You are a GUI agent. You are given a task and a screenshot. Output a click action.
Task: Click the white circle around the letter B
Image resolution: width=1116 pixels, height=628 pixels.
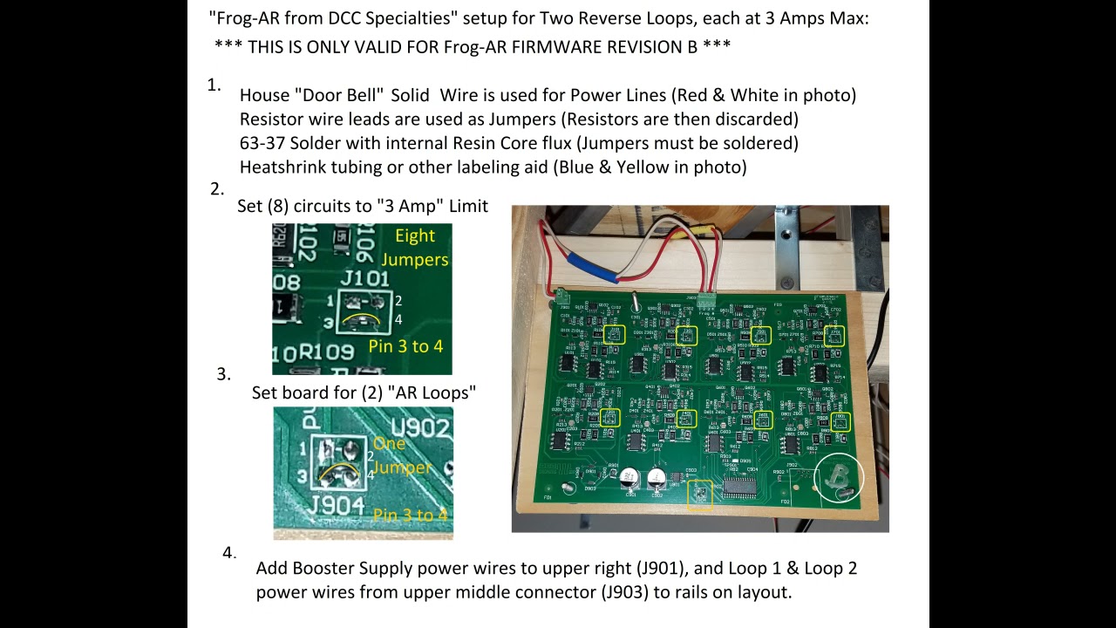point(838,478)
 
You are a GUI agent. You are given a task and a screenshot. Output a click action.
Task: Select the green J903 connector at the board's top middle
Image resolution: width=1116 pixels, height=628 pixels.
point(706,303)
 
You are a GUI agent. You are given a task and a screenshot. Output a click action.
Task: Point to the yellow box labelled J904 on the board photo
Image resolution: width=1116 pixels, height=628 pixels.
point(699,494)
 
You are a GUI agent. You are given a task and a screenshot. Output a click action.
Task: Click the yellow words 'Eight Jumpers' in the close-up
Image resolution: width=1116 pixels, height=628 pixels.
point(415,248)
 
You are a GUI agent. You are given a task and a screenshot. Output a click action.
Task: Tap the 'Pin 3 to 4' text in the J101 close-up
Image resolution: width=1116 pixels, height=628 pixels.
point(405,346)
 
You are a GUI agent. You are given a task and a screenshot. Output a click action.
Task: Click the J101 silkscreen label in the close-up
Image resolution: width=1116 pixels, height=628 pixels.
point(365,278)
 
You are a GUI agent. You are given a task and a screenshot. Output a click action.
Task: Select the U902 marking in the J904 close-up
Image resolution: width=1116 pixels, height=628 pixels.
point(422,428)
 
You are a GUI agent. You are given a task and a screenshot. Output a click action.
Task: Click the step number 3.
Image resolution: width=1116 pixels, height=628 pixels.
point(223,374)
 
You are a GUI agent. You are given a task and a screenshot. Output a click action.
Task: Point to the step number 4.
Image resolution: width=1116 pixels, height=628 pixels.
point(229,553)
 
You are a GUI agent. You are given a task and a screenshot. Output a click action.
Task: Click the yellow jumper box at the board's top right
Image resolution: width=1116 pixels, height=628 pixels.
point(835,334)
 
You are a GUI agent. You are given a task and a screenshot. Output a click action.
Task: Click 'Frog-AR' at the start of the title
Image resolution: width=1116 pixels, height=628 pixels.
point(245,17)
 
